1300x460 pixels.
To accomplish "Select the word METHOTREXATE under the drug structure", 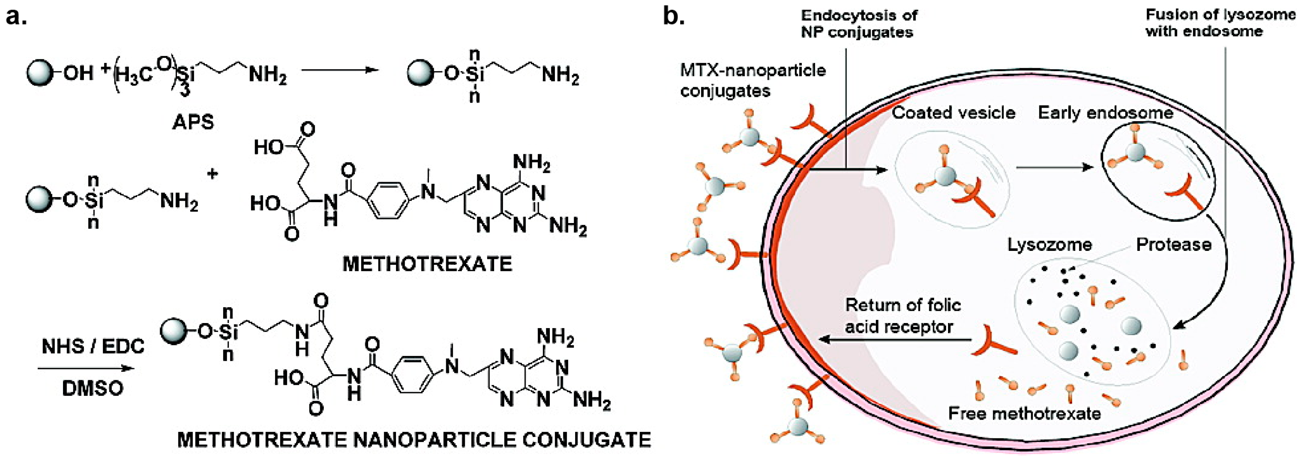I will pos(427,264).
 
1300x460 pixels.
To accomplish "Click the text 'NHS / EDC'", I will pos(93,346).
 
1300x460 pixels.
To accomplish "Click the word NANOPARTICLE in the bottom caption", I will pos(434,440).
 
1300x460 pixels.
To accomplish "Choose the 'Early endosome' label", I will pos(1105,112).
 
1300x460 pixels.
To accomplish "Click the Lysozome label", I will pos(1050,245).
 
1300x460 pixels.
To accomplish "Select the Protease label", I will pos(1173,245).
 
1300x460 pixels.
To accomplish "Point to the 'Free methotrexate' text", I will pos(1025,413).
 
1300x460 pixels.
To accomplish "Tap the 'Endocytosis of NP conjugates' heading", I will pos(859,23).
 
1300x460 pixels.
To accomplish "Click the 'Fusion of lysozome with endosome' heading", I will pos(1220,23).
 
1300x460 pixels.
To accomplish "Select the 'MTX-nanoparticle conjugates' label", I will pos(752,80).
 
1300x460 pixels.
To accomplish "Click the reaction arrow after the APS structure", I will pos(340,70).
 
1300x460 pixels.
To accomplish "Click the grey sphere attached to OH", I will pos(40,73).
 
